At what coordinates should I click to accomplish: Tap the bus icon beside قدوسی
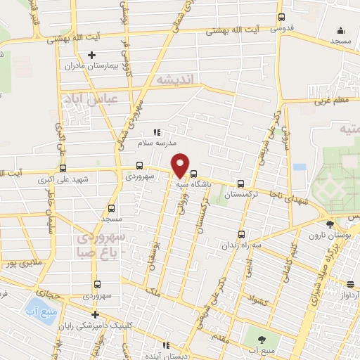click(x=282, y=18)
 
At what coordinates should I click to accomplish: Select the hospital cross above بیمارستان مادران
click(x=91, y=55)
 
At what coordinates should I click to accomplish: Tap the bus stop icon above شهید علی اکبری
click(x=63, y=168)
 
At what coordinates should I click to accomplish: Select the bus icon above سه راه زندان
click(x=241, y=234)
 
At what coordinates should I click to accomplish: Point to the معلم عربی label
click(x=333, y=101)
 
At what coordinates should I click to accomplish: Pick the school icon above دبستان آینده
click(x=167, y=345)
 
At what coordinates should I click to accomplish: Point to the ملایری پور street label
click(x=19, y=264)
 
